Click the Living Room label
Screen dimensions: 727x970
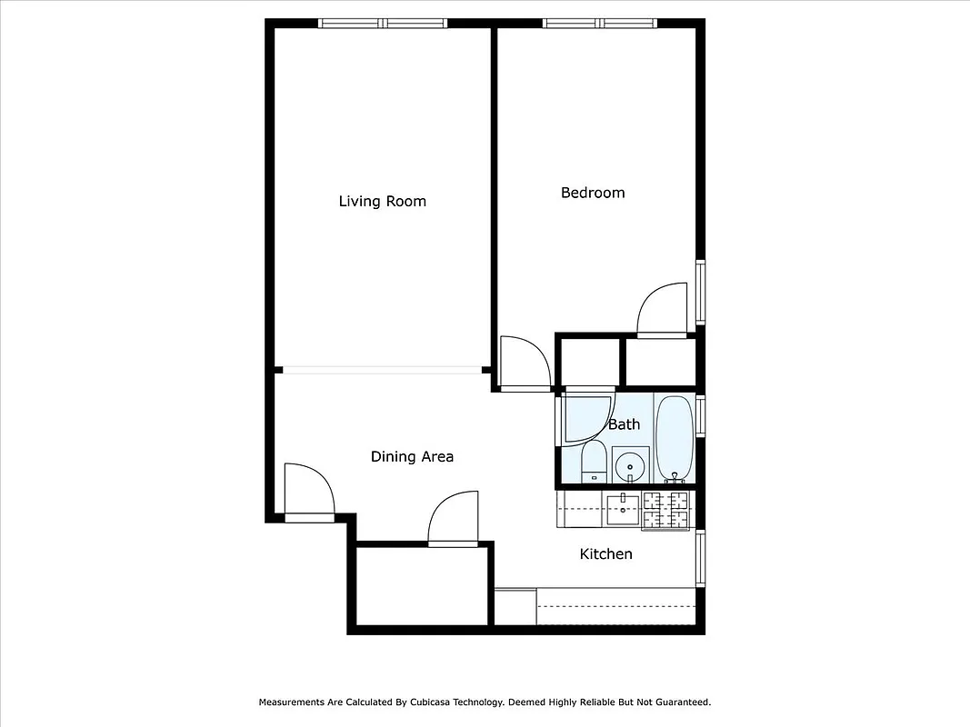coord(382,201)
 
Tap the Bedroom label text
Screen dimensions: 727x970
coord(593,193)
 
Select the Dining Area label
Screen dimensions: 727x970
coord(412,456)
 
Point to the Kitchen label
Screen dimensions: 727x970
coord(605,553)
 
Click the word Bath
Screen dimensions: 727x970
coord(624,424)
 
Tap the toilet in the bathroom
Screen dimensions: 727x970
coord(594,463)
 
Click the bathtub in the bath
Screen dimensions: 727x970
coord(675,439)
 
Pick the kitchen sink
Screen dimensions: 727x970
coord(624,509)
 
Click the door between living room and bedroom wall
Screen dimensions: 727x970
coord(525,363)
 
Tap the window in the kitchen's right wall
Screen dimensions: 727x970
coord(700,557)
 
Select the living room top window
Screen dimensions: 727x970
coord(382,24)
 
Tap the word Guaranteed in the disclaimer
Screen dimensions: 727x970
coord(676,702)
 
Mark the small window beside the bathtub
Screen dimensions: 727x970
coord(700,415)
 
